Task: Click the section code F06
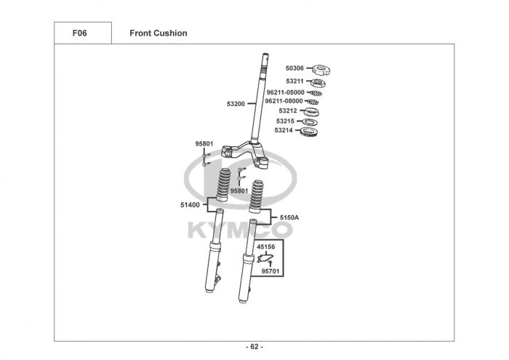79,33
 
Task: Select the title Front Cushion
159,33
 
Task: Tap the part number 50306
294,68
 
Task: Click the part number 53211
294,81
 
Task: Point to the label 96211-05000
286,92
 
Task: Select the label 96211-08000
284,101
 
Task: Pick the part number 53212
288,111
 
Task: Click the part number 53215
285,121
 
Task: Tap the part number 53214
284,130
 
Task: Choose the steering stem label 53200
236,104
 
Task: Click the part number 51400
191,205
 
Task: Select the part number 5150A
289,217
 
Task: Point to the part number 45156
266,247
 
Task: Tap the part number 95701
270,271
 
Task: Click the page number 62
254,347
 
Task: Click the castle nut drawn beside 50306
321,70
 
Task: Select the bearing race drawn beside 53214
309,132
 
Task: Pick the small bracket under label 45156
265,258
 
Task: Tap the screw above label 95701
270,264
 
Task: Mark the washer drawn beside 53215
310,123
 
